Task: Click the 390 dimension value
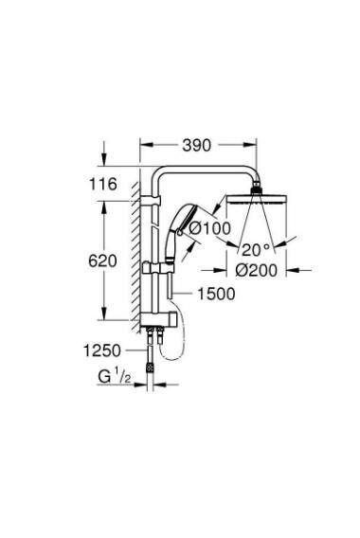196,146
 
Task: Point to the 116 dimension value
103,185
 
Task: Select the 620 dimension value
102,261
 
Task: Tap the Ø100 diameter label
210,228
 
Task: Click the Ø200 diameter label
256,271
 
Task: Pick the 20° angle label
257,250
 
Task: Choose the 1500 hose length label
216,294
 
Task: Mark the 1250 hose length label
102,350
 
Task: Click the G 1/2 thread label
115,377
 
